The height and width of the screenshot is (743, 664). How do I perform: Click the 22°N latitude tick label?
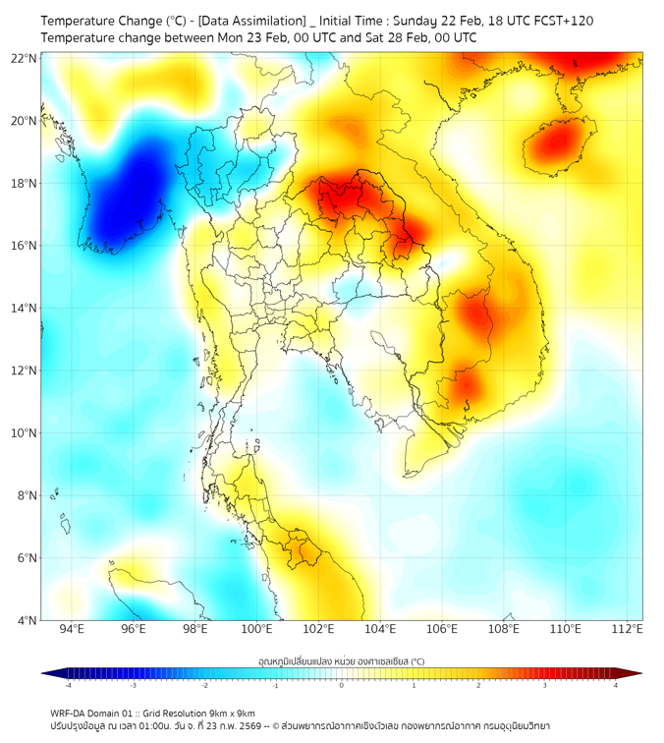coord(25,58)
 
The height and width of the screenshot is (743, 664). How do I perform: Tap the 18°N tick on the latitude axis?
coord(25,183)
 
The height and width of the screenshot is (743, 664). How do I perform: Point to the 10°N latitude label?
coord(25,432)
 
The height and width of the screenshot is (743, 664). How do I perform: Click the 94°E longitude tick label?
coord(72,629)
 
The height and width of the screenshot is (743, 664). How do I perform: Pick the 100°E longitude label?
coord(257,629)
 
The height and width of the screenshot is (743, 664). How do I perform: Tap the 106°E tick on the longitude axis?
coord(442,629)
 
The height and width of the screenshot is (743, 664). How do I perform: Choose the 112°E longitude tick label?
coord(628,629)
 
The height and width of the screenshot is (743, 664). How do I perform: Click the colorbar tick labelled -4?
coord(67,685)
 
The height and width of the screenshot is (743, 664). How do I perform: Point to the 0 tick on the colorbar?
coord(342,685)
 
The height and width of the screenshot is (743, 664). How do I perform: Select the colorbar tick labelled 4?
coord(616,685)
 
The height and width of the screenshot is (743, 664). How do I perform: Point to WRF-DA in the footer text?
coord(72,713)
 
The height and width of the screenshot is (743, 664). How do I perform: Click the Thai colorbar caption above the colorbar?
coord(341,661)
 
